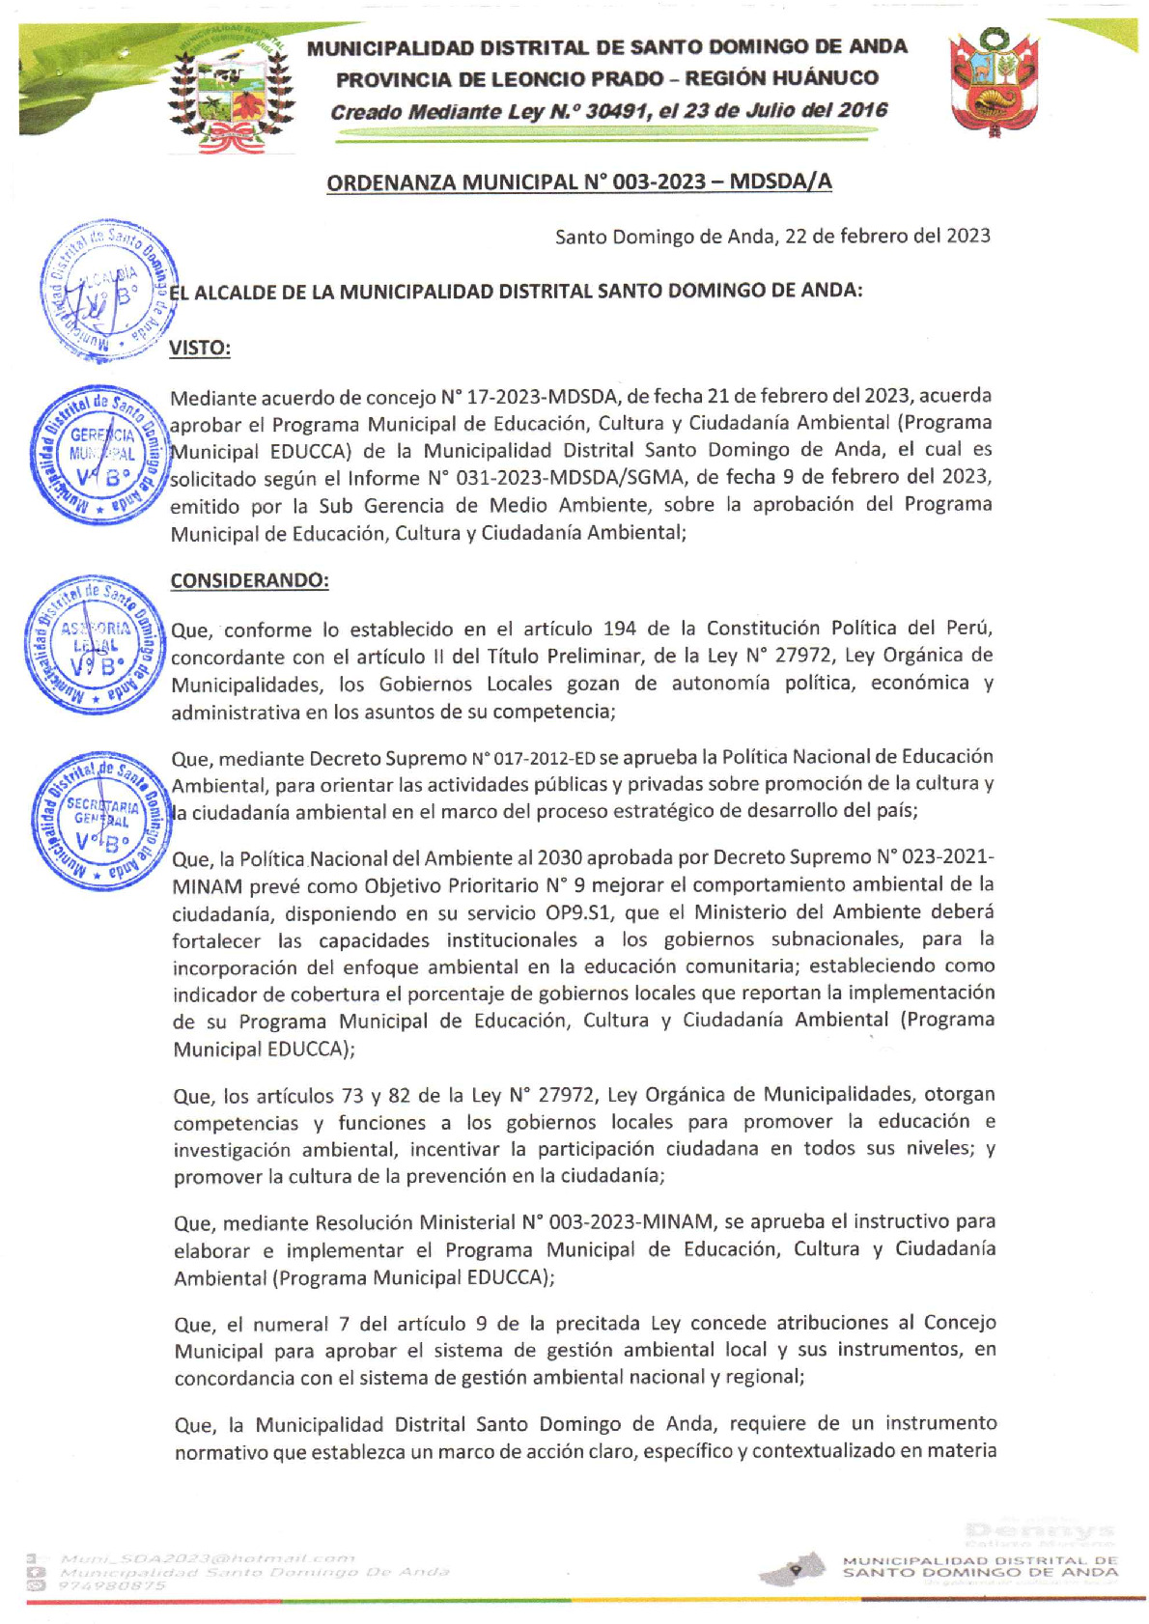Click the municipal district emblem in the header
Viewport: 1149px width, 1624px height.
tap(230, 92)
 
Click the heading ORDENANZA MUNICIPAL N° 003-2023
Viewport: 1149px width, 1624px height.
tap(578, 182)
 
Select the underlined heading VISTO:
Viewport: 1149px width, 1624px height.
tap(200, 349)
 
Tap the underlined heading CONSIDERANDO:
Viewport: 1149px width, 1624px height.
tap(249, 580)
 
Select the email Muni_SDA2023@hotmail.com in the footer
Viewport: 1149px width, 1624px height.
tap(208, 1558)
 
